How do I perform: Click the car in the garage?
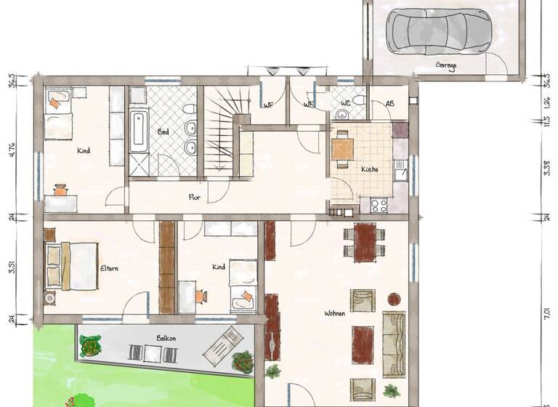pos(438,30)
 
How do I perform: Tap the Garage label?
pos(446,65)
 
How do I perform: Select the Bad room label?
pos(163,132)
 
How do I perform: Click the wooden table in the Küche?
pos(343,148)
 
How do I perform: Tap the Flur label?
pos(194,197)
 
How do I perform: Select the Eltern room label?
pos(109,268)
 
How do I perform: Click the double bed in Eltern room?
pos(71,265)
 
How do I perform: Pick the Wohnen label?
pos(335,313)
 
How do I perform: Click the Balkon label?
pos(166,338)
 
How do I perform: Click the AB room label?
pos(390,103)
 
